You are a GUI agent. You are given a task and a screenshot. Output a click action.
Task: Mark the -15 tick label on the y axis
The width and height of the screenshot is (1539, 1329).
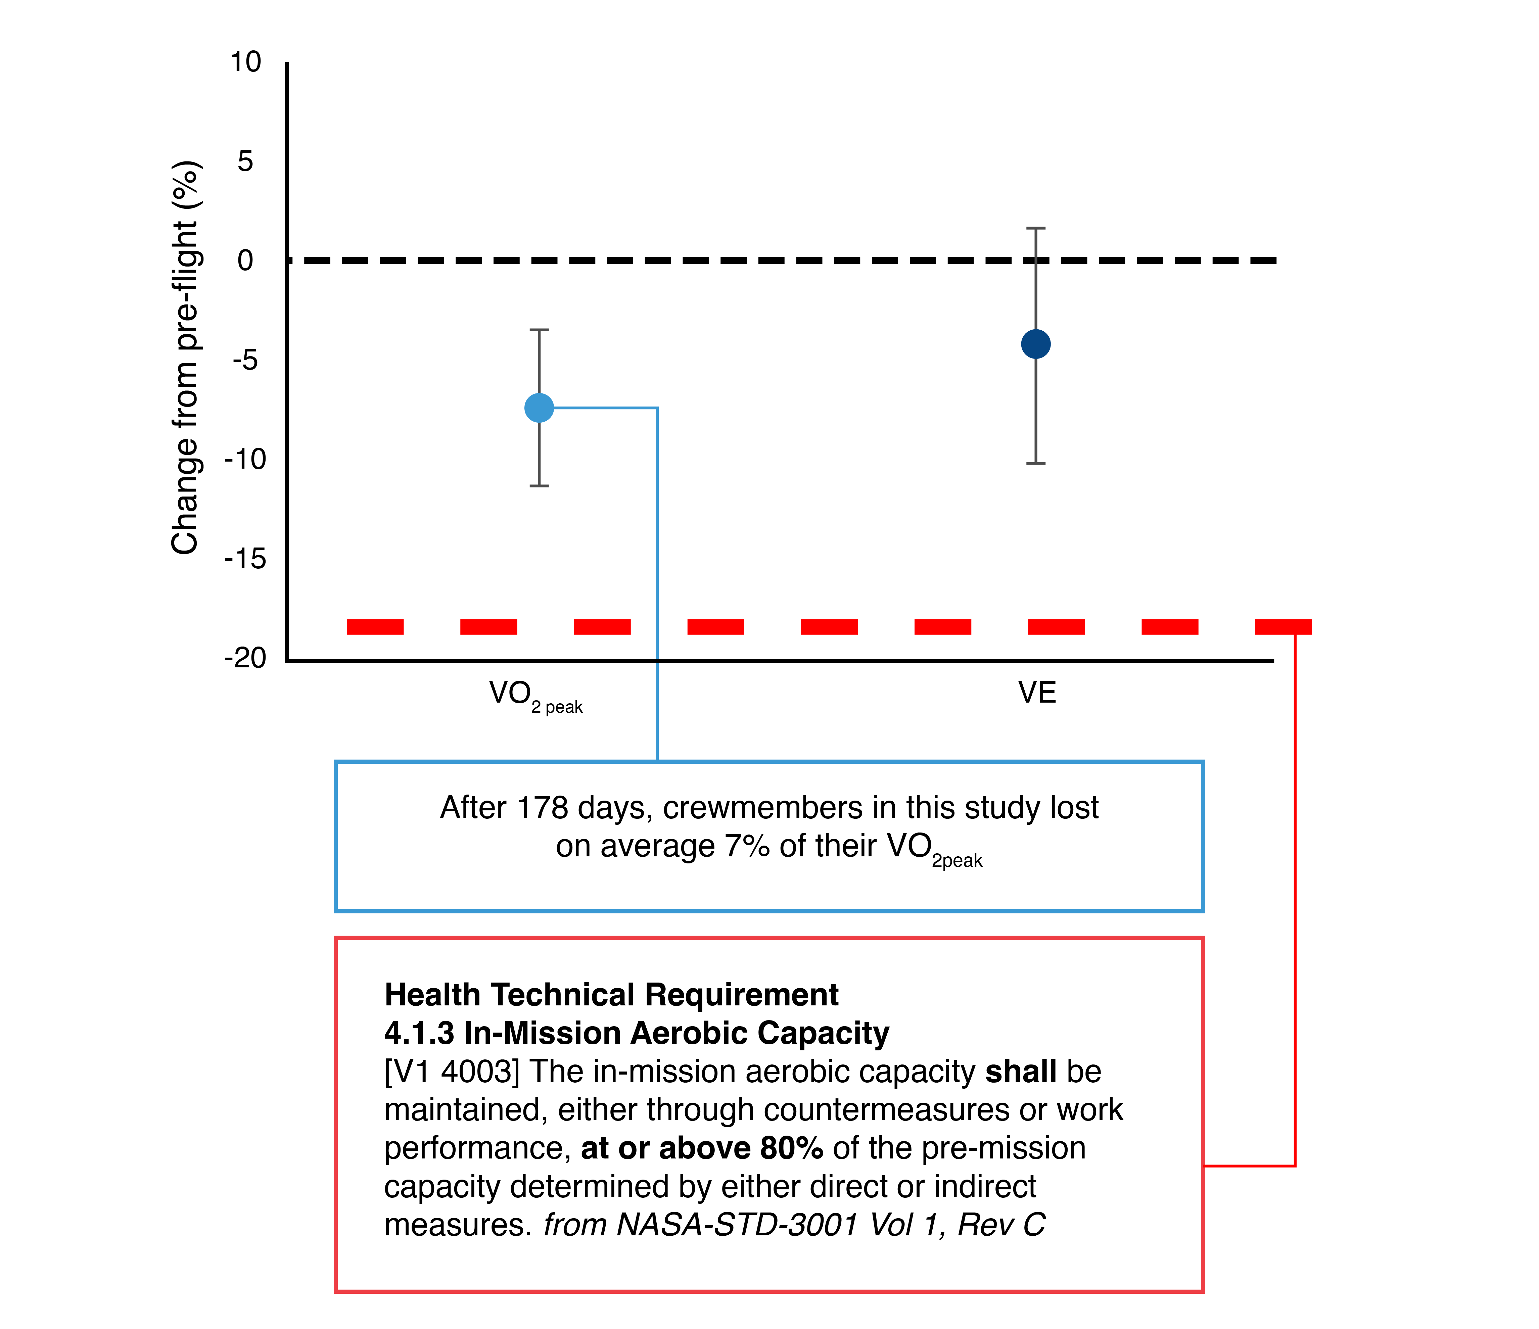pyautogui.click(x=245, y=559)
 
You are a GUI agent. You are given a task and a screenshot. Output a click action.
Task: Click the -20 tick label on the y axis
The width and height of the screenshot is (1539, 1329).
pyautogui.click(x=245, y=658)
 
